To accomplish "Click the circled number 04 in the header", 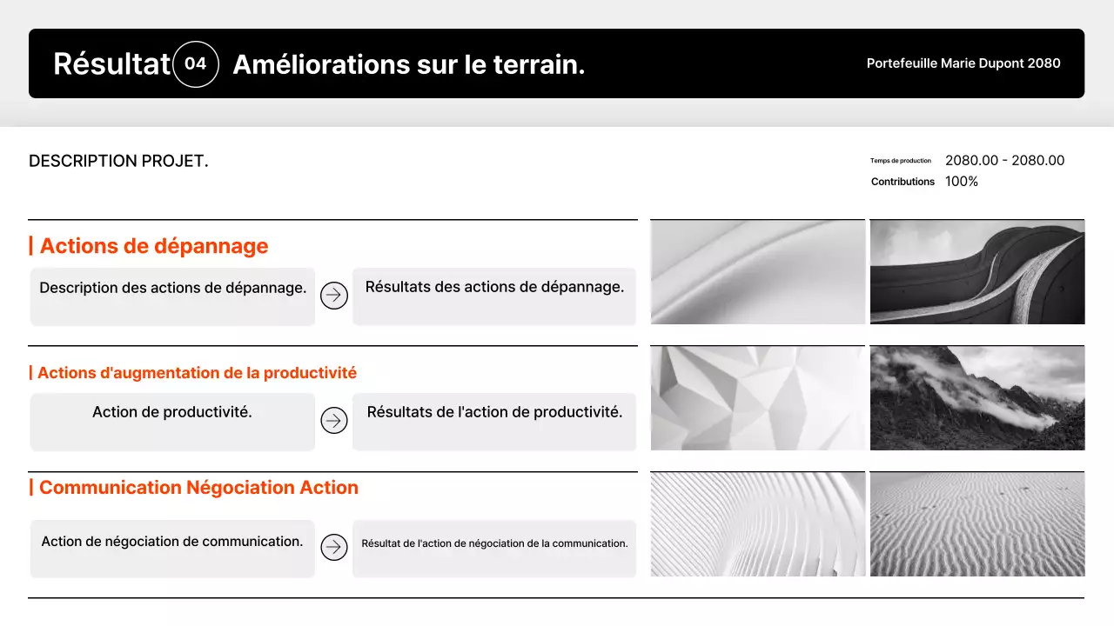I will [196, 64].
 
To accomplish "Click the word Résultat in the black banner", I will [111, 64].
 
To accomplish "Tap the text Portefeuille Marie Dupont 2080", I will [963, 63].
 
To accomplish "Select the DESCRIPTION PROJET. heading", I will [118, 161].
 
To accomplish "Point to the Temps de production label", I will [900, 161].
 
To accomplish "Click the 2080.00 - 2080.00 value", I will [1004, 161].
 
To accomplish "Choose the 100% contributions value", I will [962, 182].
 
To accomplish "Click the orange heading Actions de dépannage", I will [154, 246].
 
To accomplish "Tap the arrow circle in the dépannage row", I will [334, 296].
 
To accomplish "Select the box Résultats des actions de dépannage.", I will [494, 296].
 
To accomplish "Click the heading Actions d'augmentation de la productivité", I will [197, 373].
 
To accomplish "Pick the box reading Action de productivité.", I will [172, 422].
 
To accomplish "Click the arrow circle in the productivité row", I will [334, 421].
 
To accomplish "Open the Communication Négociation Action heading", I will [198, 488].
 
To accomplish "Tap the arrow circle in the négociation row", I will [334, 547].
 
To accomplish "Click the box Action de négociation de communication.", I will [172, 548].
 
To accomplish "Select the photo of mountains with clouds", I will [976, 398].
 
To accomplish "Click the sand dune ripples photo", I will [976, 524].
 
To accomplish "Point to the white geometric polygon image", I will [757, 398].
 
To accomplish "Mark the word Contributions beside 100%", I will [903, 182].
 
